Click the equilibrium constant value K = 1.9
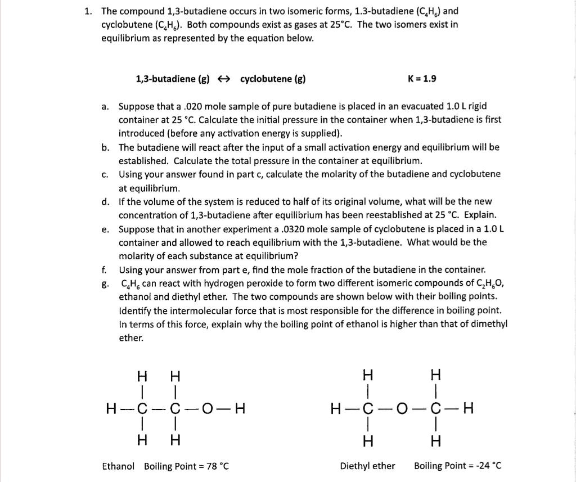[x=421, y=79]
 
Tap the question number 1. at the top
[x=88, y=11]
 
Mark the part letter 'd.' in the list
[x=105, y=201]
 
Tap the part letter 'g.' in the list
[x=105, y=283]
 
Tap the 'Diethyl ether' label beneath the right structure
[x=367, y=466]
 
